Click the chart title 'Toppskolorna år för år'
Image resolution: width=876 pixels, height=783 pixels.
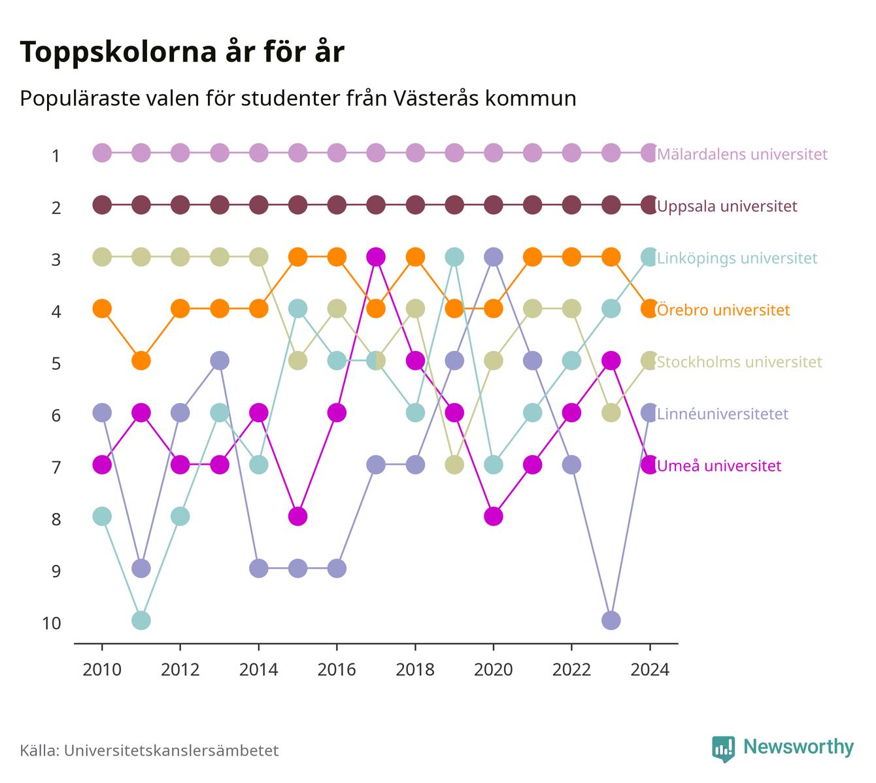(x=182, y=52)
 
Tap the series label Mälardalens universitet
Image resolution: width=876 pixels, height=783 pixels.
(x=742, y=154)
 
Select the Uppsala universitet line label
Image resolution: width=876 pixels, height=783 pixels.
(x=727, y=206)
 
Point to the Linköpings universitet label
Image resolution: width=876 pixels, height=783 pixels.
(x=737, y=258)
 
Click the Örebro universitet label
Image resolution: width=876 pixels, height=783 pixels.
(x=724, y=310)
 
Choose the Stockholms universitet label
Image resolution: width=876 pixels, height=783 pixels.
(x=739, y=361)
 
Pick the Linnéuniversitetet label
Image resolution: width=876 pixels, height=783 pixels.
(x=722, y=414)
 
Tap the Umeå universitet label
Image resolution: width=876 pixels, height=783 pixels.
(x=719, y=465)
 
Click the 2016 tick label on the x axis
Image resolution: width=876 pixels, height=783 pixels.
(x=337, y=670)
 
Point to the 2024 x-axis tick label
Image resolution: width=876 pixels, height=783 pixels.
(x=649, y=670)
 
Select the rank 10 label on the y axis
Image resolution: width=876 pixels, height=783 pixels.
(x=52, y=624)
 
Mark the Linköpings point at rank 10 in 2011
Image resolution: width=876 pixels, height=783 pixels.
(x=141, y=620)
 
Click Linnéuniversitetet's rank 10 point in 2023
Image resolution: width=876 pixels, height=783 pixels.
(x=611, y=620)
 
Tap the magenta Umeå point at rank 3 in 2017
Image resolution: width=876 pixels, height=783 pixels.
(x=376, y=258)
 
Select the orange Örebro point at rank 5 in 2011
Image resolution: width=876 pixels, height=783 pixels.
(x=141, y=361)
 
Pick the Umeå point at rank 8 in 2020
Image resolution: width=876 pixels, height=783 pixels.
(x=494, y=516)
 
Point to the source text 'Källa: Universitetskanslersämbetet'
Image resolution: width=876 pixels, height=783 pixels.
(x=149, y=750)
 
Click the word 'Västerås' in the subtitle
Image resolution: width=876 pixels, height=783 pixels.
(x=436, y=98)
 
